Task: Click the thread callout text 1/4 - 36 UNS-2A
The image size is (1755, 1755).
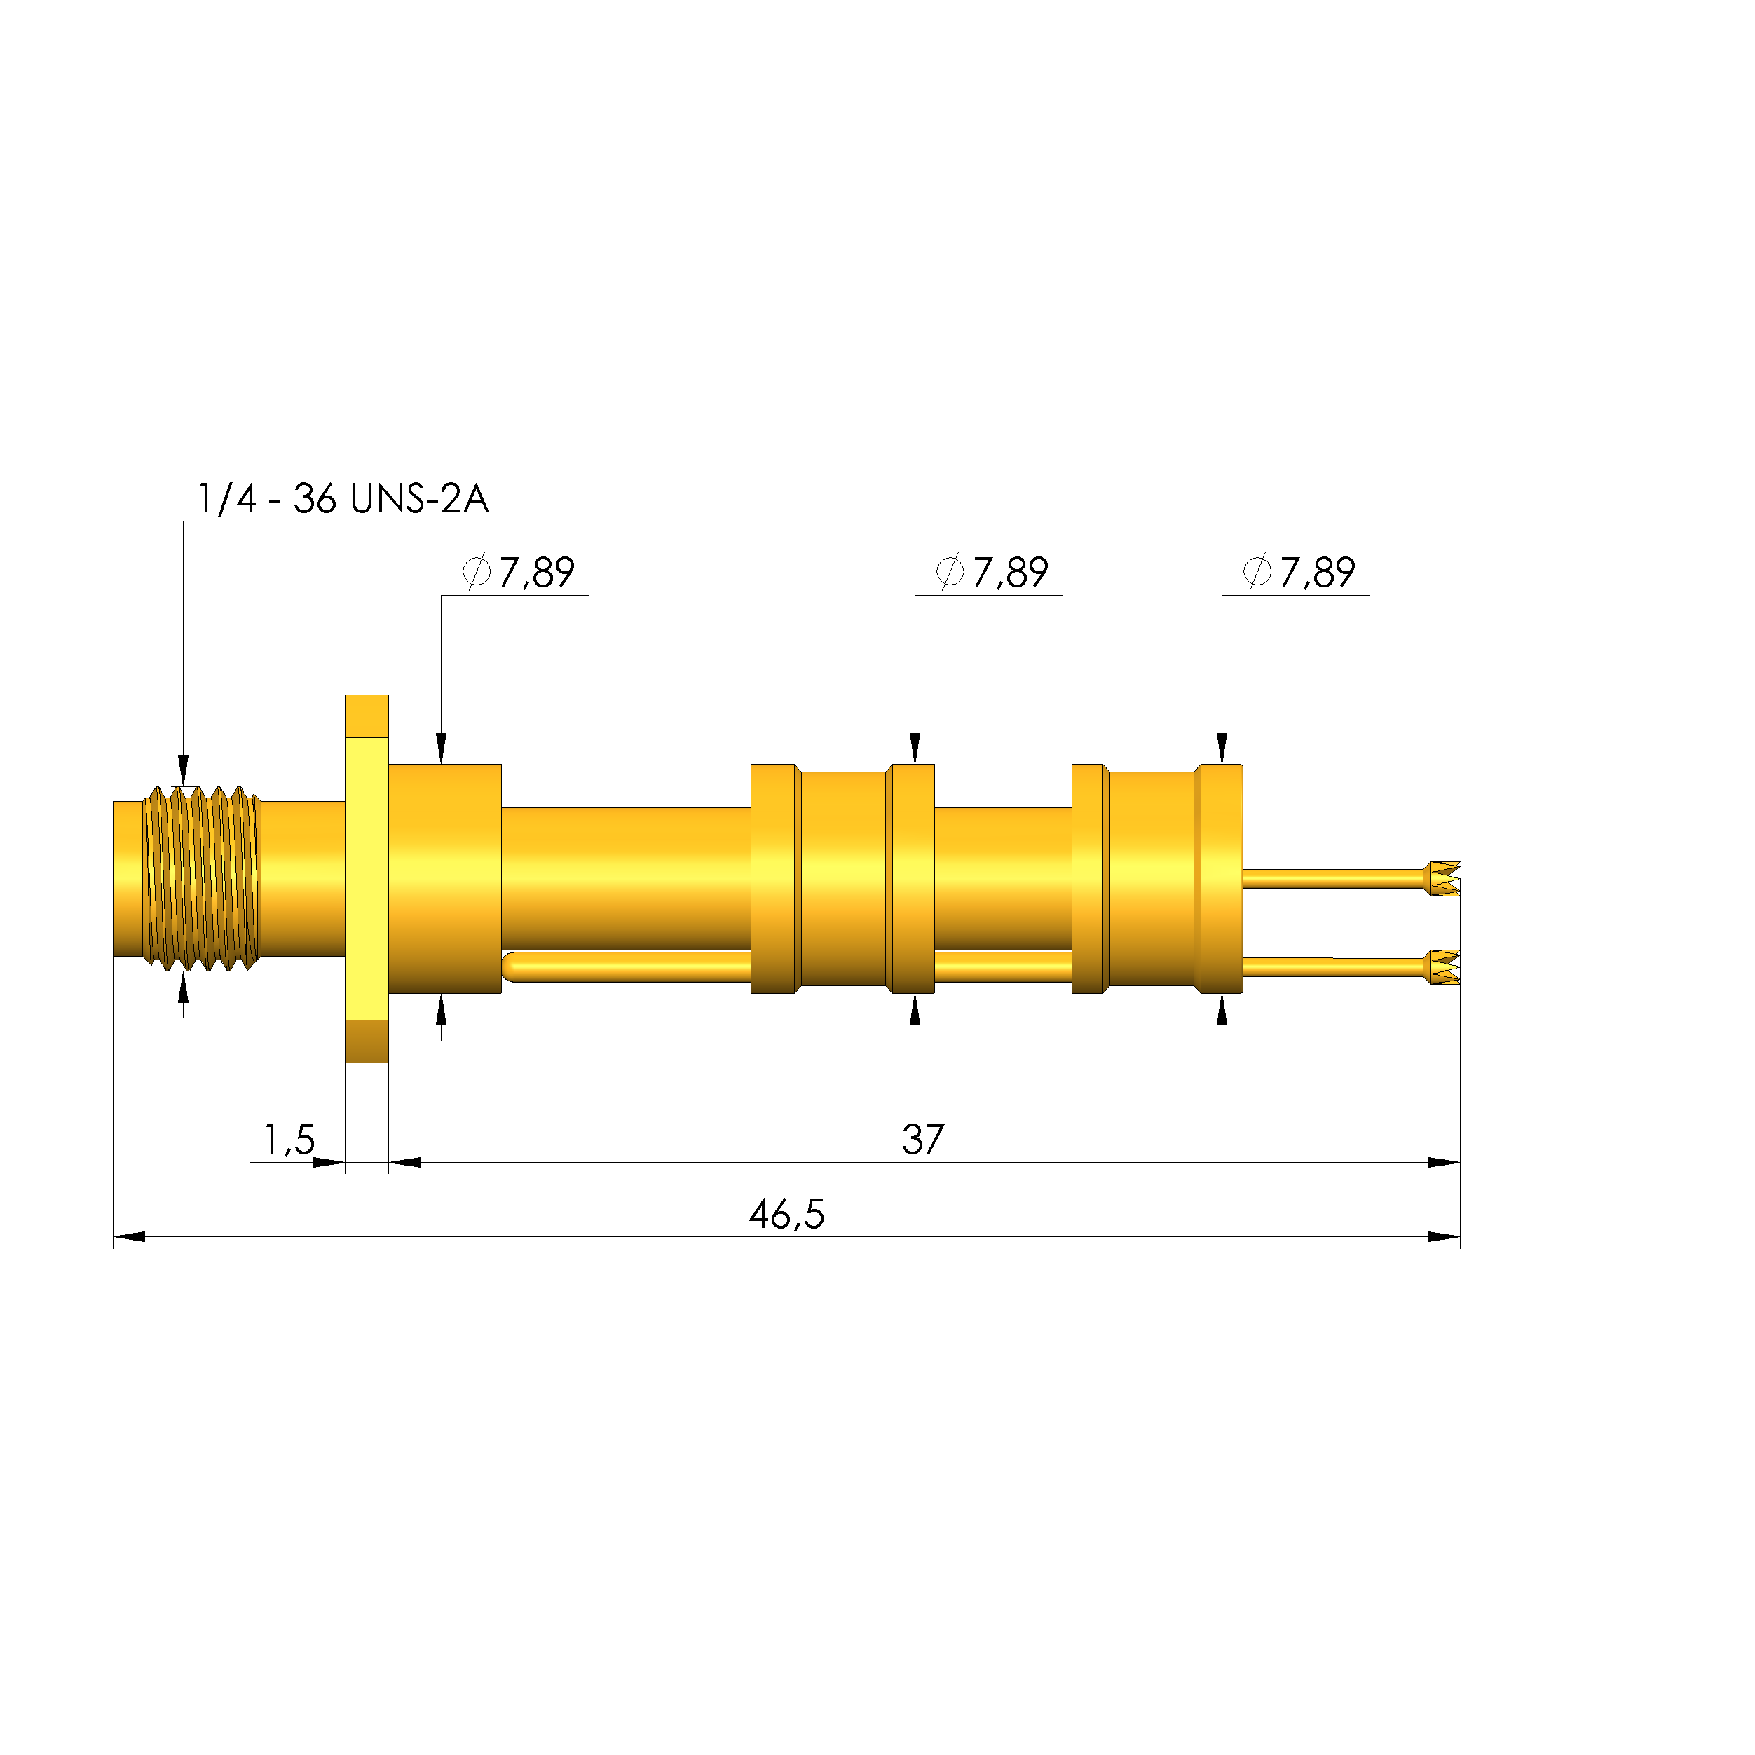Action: [x=343, y=499]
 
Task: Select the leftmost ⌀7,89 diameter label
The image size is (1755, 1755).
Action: [x=519, y=573]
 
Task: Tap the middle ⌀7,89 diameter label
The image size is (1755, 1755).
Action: [x=992, y=573]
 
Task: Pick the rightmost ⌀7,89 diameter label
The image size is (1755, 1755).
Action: [x=1299, y=573]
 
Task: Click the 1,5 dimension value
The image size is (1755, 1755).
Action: [x=289, y=1139]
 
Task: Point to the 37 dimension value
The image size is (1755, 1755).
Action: [x=923, y=1139]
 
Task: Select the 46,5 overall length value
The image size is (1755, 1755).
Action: [x=786, y=1215]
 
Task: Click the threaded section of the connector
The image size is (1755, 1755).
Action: [x=203, y=878]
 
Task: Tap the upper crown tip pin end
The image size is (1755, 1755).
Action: [x=1442, y=878]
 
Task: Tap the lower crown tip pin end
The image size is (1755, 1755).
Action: [x=1442, y=967]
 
